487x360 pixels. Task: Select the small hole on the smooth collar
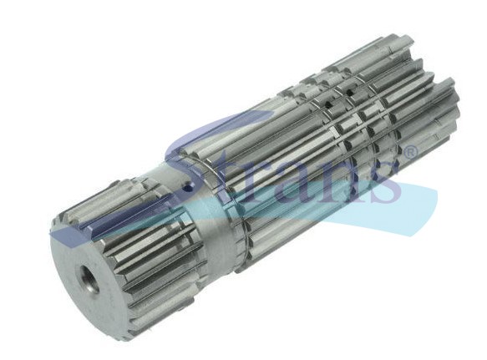click(186, 188)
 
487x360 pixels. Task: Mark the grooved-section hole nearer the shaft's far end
click(349, 92)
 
